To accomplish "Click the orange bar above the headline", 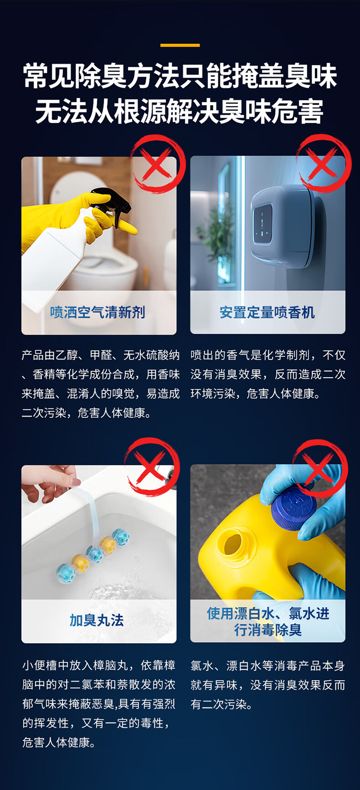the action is point(180,45).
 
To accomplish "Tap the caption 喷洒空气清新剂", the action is point(97,312).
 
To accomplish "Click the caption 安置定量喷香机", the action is point(267,312).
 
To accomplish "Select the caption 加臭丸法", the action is point(96,621).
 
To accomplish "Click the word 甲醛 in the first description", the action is point(102,355).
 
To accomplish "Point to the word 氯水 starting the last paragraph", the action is point(202,666).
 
